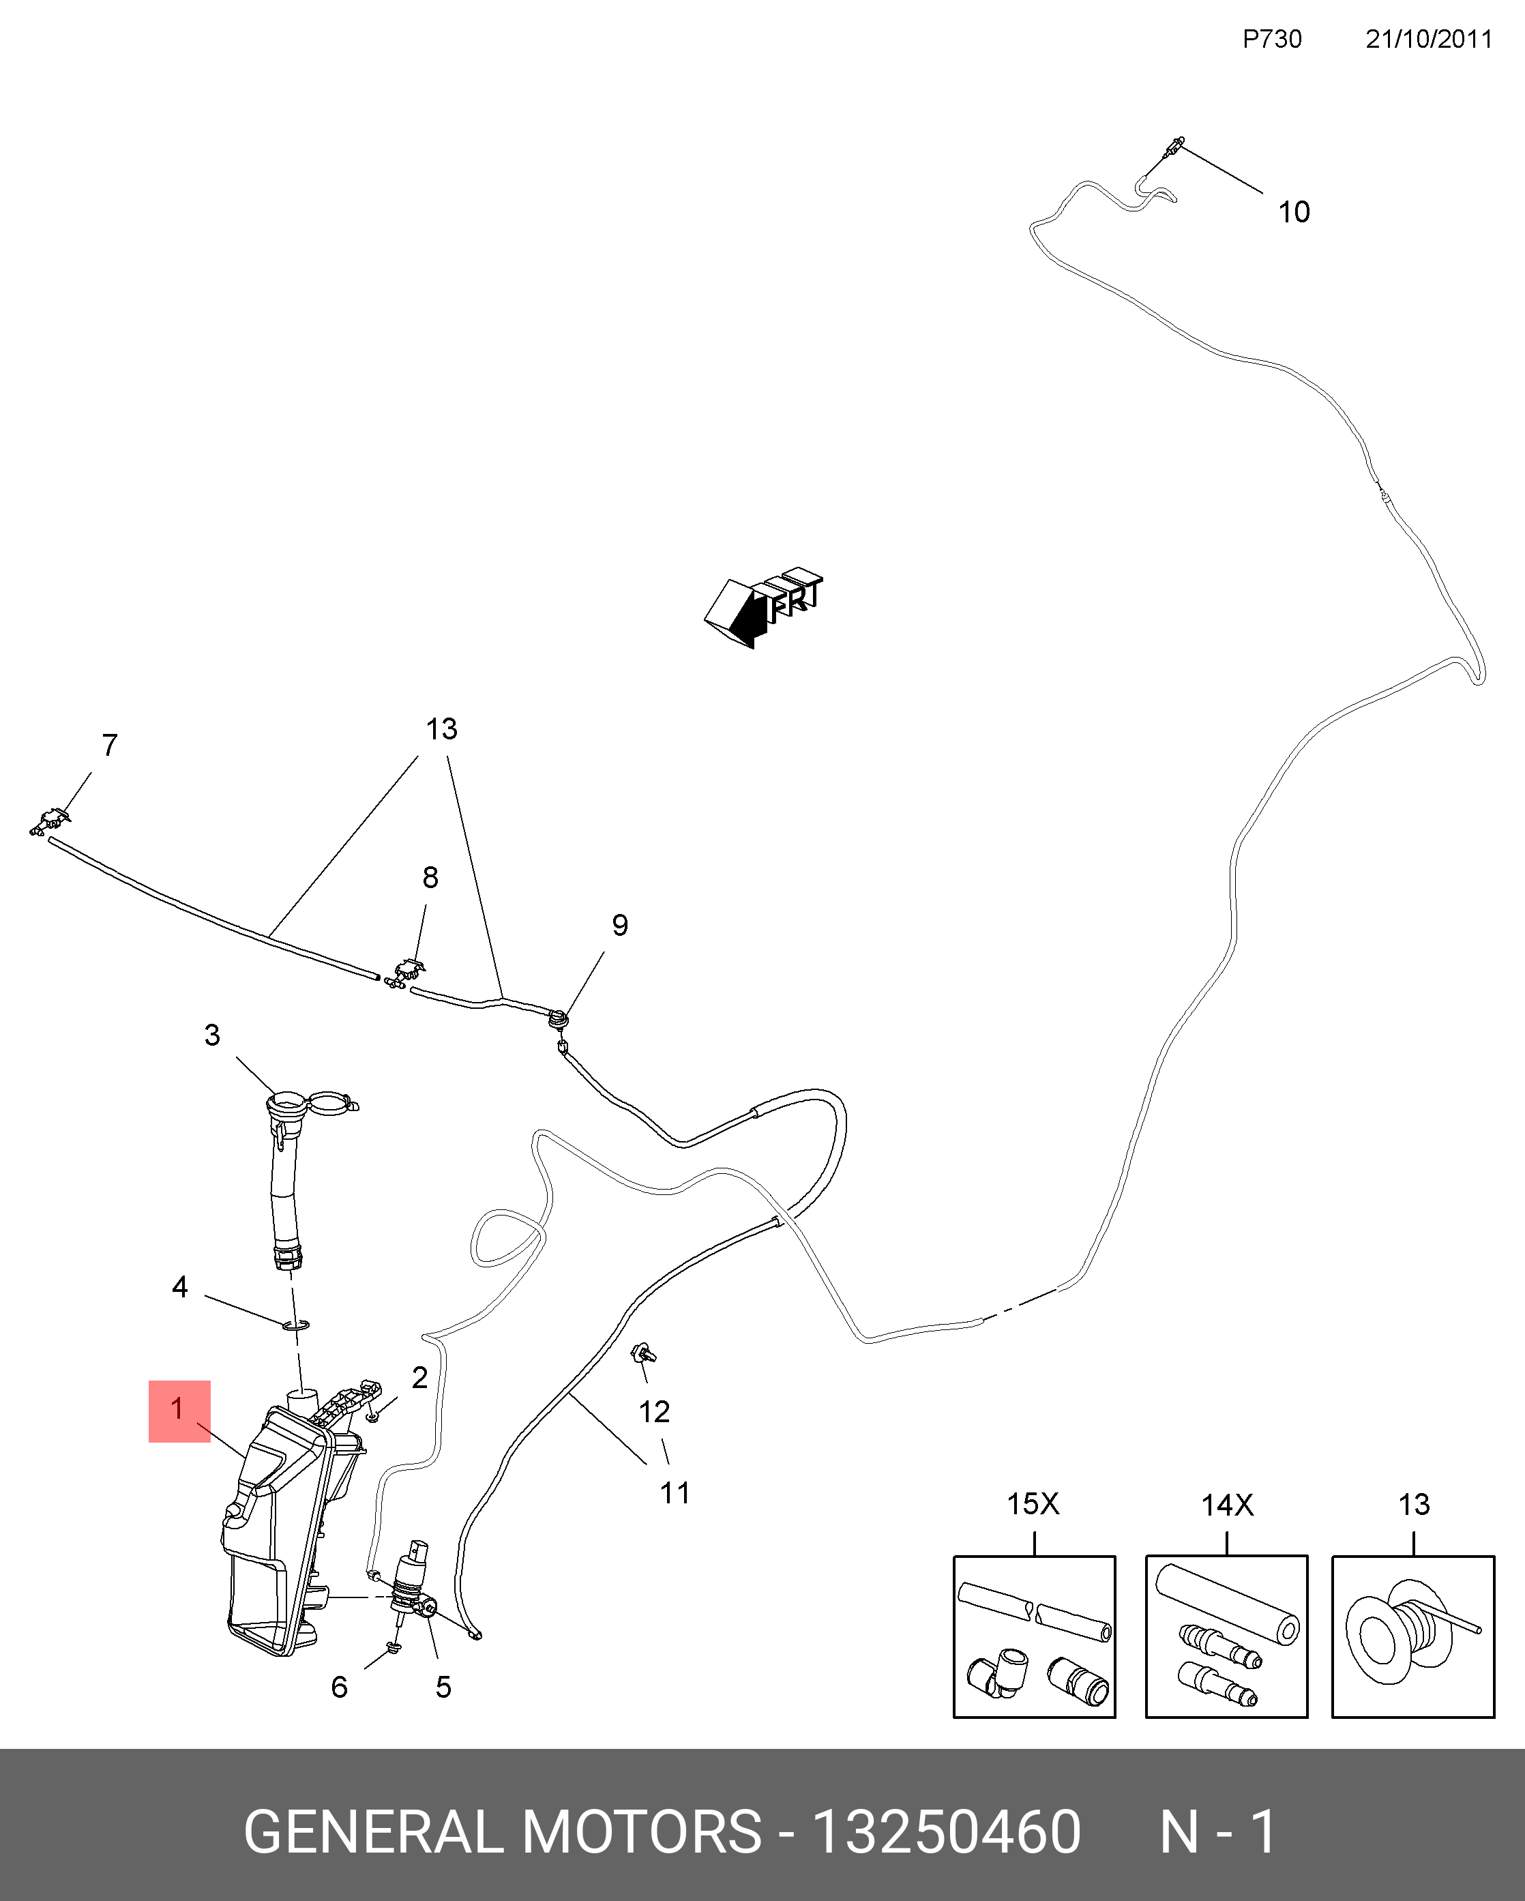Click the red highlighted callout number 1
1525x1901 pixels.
(178, 1409)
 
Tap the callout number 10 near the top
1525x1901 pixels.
(1293, 213)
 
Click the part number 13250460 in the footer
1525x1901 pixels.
(945, 1832)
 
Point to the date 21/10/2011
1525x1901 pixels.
(1428, 40)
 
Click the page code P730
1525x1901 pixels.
(1271, 40)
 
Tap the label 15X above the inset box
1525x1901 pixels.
(1033, 1503)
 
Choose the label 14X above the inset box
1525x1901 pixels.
(1227, 1504)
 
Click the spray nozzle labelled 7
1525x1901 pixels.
(48, 822)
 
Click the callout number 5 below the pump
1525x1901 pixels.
(443, 1687)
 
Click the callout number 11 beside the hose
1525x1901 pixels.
(675, 1492)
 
